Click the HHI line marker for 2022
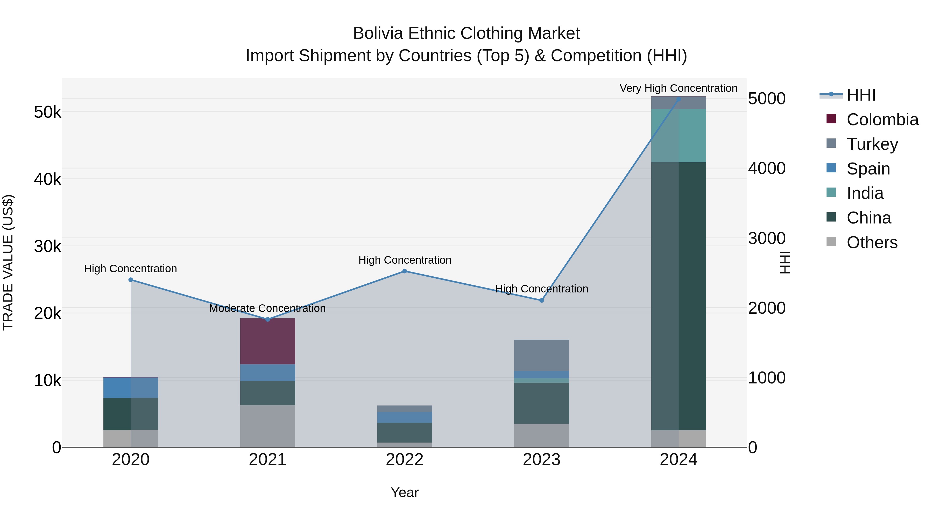(405, 271)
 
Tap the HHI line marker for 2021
(268, 319)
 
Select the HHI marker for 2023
(541, 300)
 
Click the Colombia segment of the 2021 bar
(268, 341)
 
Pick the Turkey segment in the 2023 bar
(541, 355)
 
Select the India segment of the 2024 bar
(678, 136)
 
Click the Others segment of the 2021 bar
(268, 426)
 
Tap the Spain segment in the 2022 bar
(405, 417)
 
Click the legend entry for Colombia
(882, 120)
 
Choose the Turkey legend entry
(872, 144)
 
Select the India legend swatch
(831, 192)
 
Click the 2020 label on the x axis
(131, 460)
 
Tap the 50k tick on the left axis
(47, 112)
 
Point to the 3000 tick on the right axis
(767, 239)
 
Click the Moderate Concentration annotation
(267, 308)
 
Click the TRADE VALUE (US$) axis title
(8, 262)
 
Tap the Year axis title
(405, 492)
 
